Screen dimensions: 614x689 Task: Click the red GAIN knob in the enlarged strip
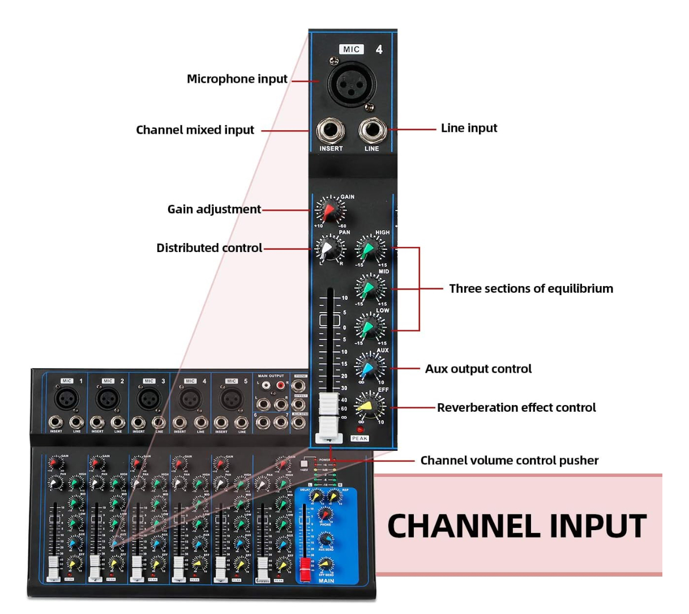328,210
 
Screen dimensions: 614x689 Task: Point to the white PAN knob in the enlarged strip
328,248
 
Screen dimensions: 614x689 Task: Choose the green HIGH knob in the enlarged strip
369,248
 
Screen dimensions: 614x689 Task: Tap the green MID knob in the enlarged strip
369,287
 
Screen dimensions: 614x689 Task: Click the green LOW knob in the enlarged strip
369,326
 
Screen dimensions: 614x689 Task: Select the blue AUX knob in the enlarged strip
369,368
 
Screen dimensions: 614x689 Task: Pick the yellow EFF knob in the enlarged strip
369,406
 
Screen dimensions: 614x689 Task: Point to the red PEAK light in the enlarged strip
359,429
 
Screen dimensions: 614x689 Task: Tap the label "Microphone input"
237,79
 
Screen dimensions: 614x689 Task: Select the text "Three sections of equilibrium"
530,288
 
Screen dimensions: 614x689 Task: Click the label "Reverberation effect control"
516,407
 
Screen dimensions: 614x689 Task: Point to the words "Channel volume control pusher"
509,460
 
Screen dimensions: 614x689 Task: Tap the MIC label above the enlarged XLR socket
351,49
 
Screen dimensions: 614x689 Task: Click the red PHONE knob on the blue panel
325,514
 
